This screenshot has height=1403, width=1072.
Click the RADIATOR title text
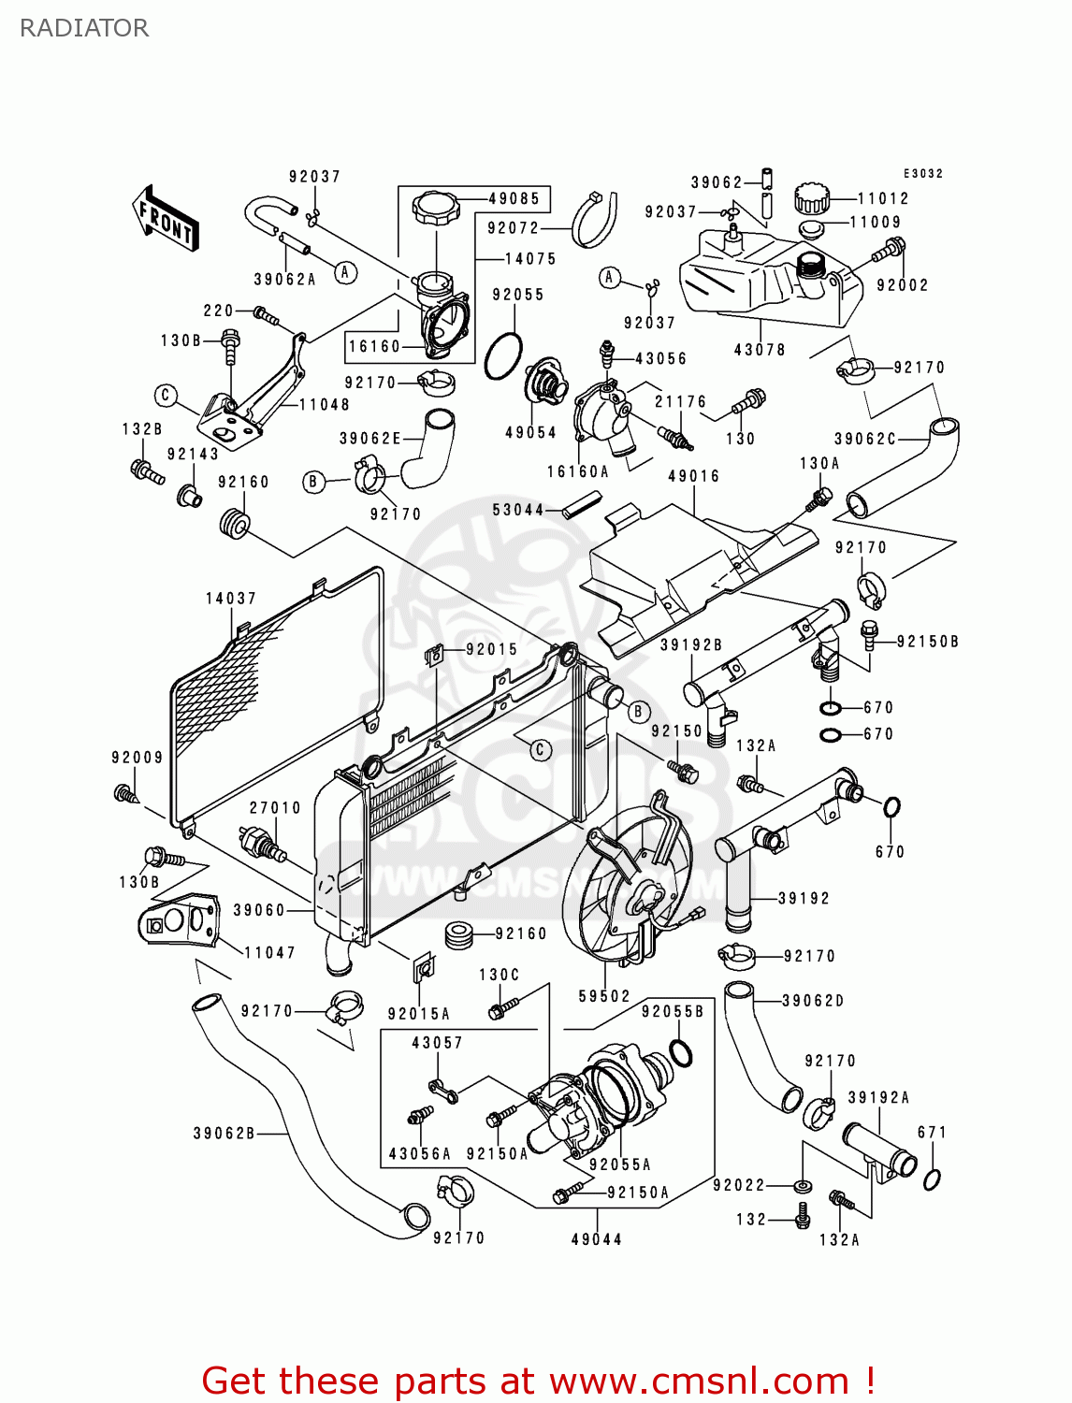[84, 28]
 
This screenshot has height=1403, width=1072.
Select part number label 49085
[514, 198]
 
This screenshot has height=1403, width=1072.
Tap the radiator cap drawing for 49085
[436, 208]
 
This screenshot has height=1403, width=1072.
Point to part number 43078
[760, 350]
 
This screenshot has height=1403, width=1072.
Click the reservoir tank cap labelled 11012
[812, 198]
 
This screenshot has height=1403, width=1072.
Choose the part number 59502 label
[604, 996]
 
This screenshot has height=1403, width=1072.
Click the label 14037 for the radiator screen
[231, 599]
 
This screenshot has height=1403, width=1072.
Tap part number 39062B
[224, 1134]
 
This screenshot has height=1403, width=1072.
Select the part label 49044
[597, 1239]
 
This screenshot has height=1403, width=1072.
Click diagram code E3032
[923, 173]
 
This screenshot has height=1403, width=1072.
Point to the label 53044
[518, 510]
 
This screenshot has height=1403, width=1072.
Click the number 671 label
[932, 1132]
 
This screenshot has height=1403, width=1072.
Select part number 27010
[275, 808]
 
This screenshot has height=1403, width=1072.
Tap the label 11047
[269, 952]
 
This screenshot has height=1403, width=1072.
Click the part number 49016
[693, 476]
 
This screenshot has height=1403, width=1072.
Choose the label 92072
[514, 228]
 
